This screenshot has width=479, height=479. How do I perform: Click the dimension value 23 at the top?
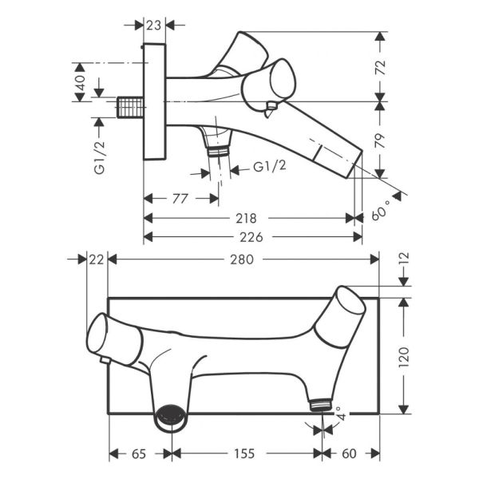[x=153, y=26]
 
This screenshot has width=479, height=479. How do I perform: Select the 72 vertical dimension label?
[x=381, y=68]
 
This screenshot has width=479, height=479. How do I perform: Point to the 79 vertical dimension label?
[x=381, y=141]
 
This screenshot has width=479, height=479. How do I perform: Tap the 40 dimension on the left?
[x=81, y=83]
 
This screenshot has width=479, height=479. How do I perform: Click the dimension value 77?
[x=180, y=199]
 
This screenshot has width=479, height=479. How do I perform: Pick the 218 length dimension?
[x=246, y=219]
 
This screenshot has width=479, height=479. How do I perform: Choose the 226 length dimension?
[x=251, y=237]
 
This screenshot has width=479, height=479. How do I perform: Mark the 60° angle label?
[x=381, y=210]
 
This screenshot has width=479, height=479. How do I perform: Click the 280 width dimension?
[x=242, y=259]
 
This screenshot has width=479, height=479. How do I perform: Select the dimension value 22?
[x=97, y=259]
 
